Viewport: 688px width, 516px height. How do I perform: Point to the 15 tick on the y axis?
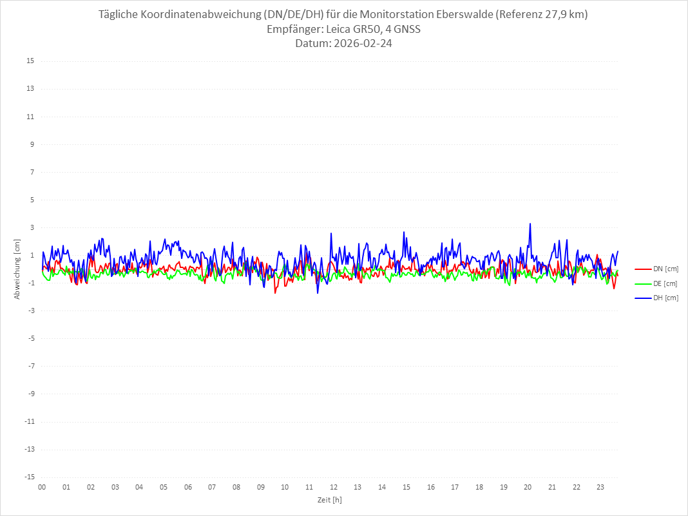click(x=30, y=61)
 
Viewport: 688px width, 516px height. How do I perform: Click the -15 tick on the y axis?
click(x=29, y=477)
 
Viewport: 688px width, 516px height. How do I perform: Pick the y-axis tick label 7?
click(x=32, y=172)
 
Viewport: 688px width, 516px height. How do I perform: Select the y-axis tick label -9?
click(x=30, y=394)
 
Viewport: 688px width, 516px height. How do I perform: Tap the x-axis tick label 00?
click(x=42, y=487)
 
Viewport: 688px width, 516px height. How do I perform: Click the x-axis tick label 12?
click(x=334, y=487)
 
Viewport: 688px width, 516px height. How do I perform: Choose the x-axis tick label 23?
click(x=600, y=487)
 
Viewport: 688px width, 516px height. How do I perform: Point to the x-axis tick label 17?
click(x=455, y=487)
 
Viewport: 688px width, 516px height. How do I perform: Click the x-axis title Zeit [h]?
click(x=329, y=500)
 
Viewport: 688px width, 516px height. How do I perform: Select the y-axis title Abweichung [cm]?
click(x=17, y=269)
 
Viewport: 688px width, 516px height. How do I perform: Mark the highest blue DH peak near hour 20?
click(x=530, y=224)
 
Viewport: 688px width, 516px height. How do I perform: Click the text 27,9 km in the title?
click(x=563, y=14)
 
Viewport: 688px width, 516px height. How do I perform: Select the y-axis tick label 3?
click(x=32, y=227)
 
